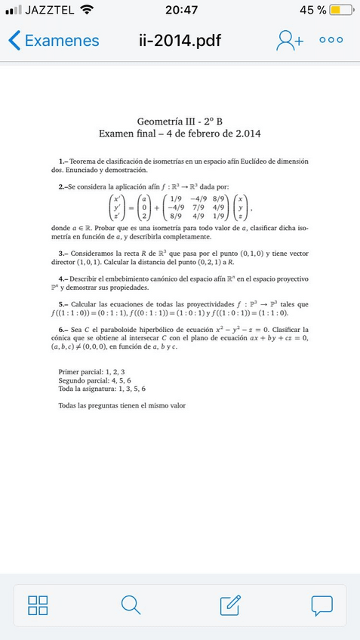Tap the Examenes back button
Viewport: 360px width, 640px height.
(54, 41)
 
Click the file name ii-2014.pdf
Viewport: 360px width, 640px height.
(180, 41)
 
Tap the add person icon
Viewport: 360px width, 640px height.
(289, 41)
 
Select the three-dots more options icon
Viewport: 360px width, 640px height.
(330, 41)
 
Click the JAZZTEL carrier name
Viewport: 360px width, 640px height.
(49, 11)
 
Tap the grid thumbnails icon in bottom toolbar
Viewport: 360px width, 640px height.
(38, 605)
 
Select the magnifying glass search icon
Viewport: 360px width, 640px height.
(131, 605)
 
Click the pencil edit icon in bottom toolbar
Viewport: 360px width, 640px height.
(229, 605)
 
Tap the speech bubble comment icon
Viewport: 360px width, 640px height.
(322, 605)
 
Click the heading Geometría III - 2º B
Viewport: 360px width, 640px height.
(180, 122)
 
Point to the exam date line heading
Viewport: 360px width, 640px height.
(180, 134)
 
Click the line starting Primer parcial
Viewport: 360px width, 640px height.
(91, 372)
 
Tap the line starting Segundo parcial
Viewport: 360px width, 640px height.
(94, 380)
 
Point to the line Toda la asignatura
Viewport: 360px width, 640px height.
(102, 389)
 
